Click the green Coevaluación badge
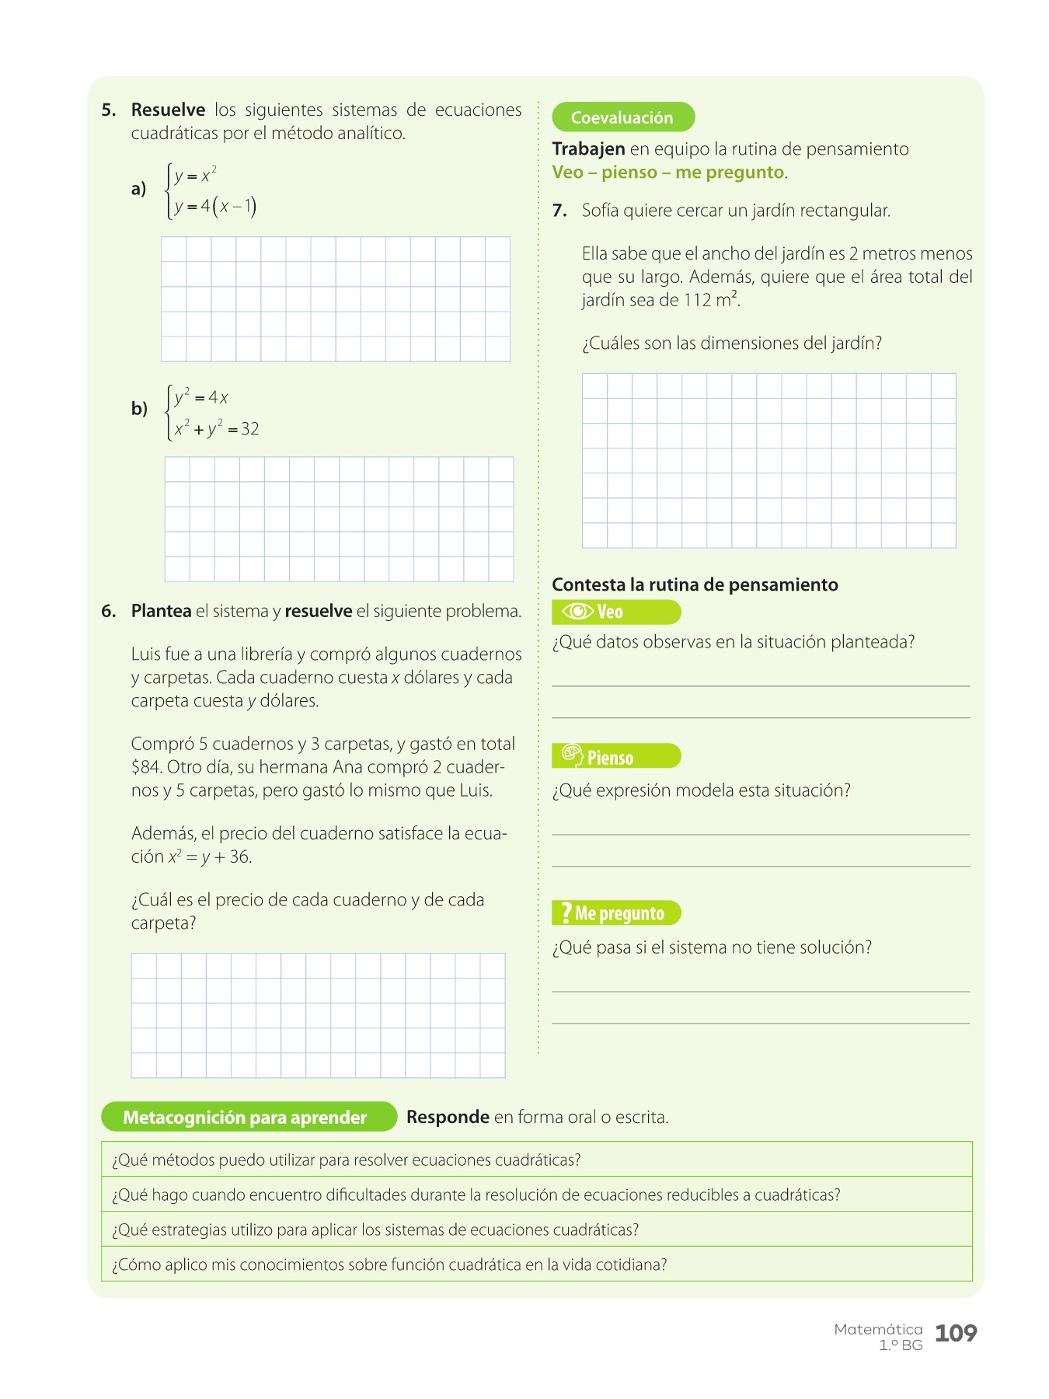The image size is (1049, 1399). tap(622, 117)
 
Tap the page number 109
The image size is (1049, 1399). tap(955, 1333)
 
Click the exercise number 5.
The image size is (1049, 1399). tap(108, 110)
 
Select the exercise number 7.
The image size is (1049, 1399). tap(559, 211)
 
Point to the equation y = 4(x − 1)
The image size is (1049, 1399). tap(215, 206)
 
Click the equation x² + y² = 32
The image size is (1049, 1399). tap(217, 428)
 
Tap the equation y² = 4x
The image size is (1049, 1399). tap(201, 397)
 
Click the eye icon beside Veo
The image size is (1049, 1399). tap(577, 612)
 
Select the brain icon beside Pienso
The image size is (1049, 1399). tap(572, 755)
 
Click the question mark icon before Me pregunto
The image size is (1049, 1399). tap(566, 912)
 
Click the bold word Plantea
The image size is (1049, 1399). tap(161, 611)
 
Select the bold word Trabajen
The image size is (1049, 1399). tap(588, 149)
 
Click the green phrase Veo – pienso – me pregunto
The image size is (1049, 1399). tap(667, 173)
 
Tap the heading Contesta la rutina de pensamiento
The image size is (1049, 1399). tap(695, 584)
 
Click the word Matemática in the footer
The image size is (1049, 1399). tap(878, 1329)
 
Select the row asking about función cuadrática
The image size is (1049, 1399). tap(536, 1265)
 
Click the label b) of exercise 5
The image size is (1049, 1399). tap(139, 409)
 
